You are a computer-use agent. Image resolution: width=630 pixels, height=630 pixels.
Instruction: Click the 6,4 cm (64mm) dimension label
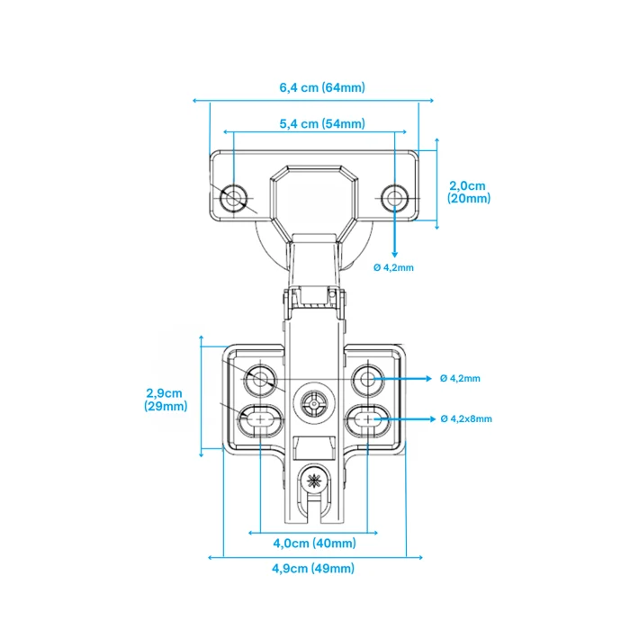[x=322, y=87]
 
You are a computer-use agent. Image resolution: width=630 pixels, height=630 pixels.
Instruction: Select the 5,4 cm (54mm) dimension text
[x=322, y=124]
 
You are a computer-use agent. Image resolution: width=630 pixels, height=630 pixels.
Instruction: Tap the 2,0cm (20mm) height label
[x=469, y=192]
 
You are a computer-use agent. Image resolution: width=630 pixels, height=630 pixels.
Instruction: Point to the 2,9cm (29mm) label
[x=166, y=400]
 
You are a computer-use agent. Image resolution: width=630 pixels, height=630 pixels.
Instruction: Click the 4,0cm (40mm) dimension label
[x=315, y=544]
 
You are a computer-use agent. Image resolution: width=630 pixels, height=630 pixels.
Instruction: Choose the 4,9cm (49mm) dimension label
[x=313, y=569]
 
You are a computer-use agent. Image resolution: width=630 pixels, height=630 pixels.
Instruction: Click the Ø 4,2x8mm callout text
[x=466, y=419]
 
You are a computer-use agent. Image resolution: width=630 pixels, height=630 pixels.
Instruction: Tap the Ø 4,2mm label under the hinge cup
[x=393, y=267]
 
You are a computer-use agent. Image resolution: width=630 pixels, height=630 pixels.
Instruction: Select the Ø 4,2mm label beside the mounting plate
[x=460, y=379]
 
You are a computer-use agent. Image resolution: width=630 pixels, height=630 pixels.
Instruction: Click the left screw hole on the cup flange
[x=233, y=198]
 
